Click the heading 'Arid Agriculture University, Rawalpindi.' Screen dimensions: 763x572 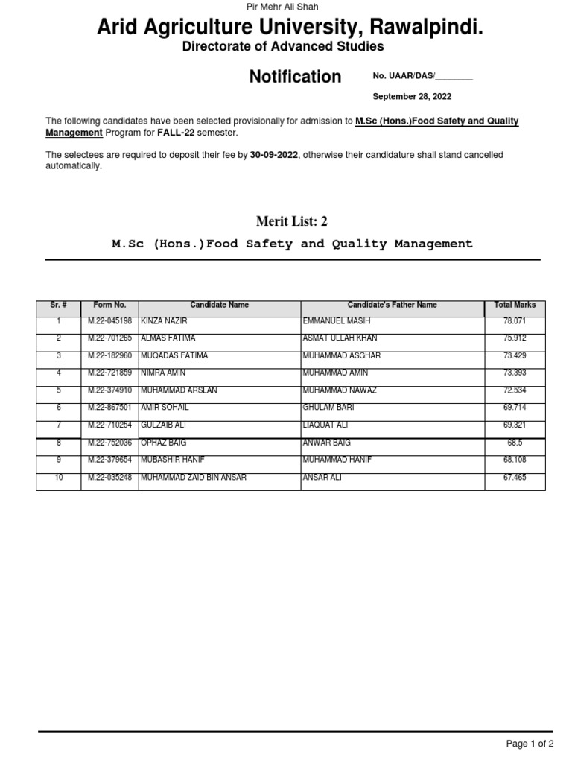(290, 28)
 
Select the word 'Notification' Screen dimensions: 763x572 (295, 77)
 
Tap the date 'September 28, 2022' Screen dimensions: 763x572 (411, 97)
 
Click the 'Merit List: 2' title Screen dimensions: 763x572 (292, 221)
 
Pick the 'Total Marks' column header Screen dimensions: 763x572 (515, 305)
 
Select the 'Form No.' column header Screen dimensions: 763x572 (109, 305)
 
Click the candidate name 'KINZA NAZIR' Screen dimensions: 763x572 (164, 321)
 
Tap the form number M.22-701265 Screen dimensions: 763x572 (109, 338)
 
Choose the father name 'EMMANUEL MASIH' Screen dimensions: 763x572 (334, 321)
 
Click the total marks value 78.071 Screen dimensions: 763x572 (515, 321)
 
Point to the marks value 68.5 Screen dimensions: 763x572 (515, 443)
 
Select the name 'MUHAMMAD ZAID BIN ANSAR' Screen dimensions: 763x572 (193, 478)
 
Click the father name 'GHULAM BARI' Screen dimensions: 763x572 (328, 408)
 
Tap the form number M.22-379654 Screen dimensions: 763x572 (109, 460)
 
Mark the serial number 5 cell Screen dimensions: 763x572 (59, 390)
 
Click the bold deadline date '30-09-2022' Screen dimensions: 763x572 (274, 155)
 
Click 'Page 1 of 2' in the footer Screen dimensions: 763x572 (530, 744)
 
